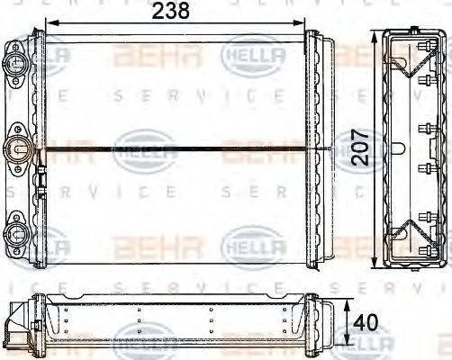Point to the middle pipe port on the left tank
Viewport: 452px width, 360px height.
(17, 148)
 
